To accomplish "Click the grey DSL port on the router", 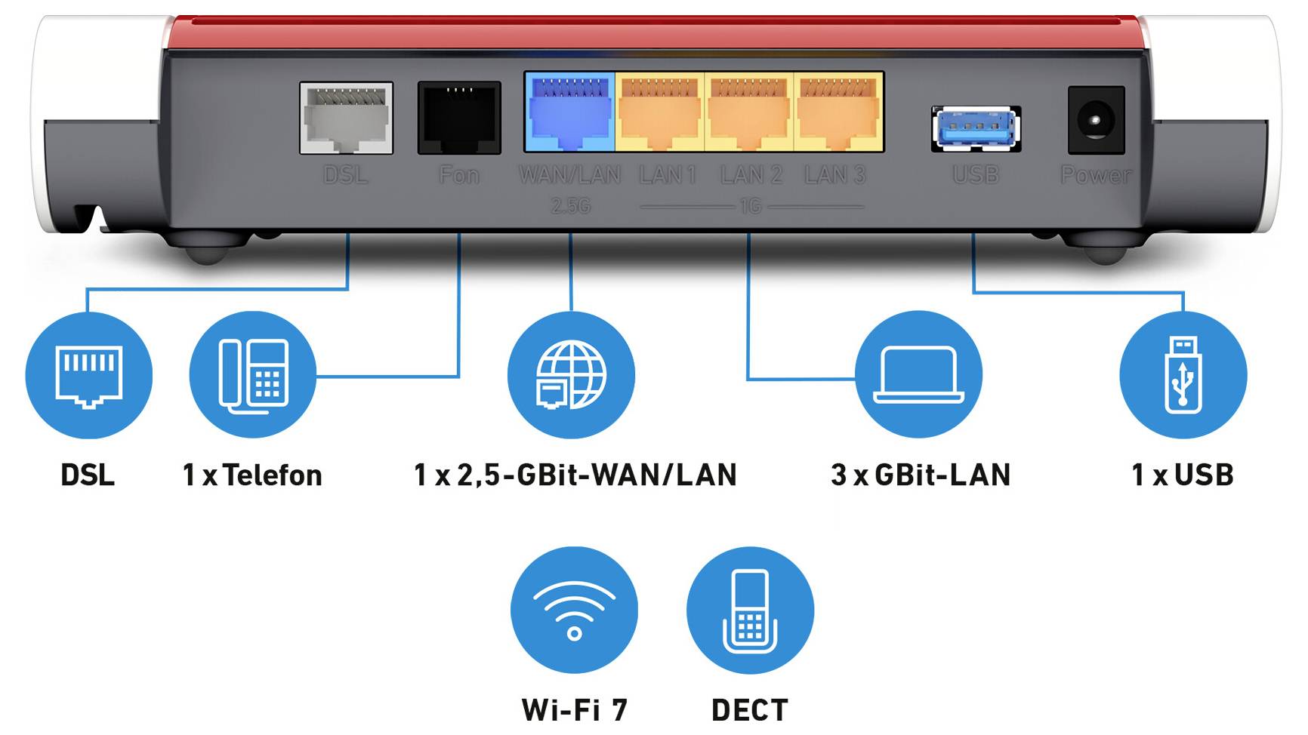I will [x=346, y=118].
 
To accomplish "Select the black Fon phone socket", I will [x=459, y=118].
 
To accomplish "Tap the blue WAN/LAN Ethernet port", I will [x=569, y=112].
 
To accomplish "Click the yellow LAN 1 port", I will [x=660, y=112].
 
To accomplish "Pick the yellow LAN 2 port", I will [x=749, y=112].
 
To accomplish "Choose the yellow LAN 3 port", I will [x=838, y=112].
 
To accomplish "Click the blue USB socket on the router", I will [x=976, y=129].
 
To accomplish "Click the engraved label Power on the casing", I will [x=1096, y=175].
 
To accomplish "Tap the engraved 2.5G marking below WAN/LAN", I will [x=570, y=205].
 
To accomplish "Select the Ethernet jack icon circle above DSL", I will [x=88, y=375].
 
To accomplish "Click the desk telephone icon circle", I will [x=253, y=375].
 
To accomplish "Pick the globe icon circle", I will [x=571, y=375].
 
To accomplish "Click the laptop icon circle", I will [x=918, y=375].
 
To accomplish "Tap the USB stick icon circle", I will [x=1183, y=375].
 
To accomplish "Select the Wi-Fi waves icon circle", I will [x=574, y=610].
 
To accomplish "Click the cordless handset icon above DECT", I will [x=750, y=610].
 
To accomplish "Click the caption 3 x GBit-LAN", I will [x=920, y=475].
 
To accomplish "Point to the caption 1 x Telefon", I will [x=252, y=475].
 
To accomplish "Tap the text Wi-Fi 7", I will [x=574, y=710].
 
